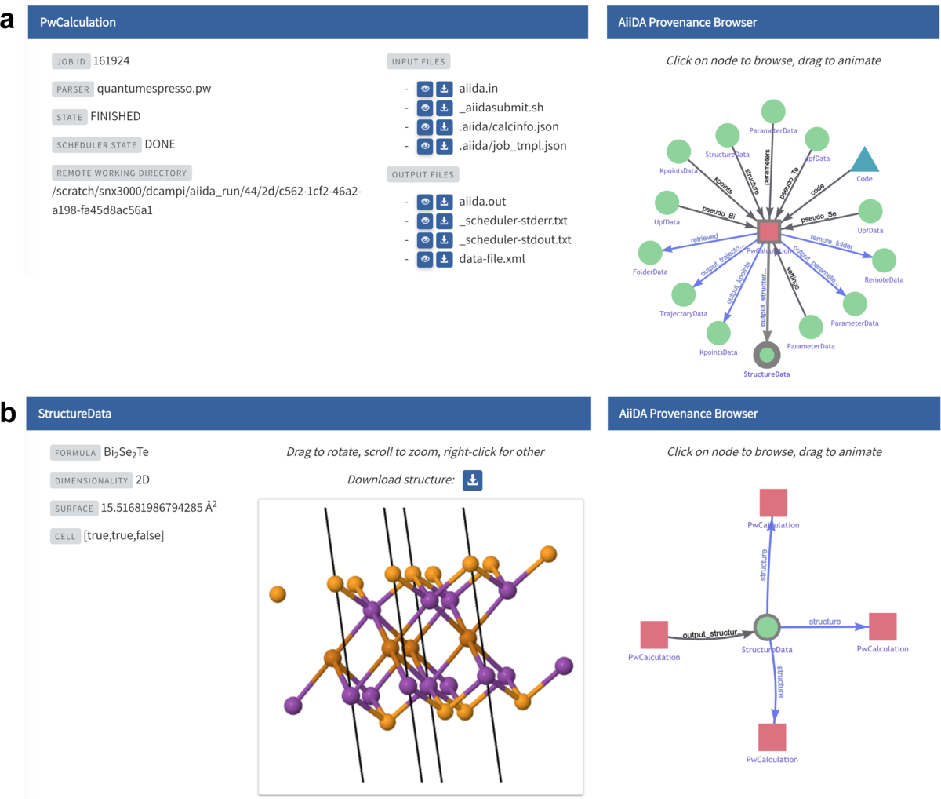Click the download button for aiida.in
pyautogui.click(x=444, y=89)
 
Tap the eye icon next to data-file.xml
pyautogui.click(x=425, y=259)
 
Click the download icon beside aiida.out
pyautogui.click(x=444, y=202)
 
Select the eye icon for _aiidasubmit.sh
pyautogui.click(x=425, y=108)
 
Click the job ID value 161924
pyautogui.click(x=111, y=60)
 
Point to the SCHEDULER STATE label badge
pyautogui.click(x=96, y=145)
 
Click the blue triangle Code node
pyautogui.click(x=864, y=160)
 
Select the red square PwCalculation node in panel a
pyautogui.click(x=768, y=232)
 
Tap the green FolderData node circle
pyautogui.click(x=650, y=253)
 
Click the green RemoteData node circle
pyautogui.click(x=884, y=261)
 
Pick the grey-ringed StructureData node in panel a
pyautogui.click(x=767, y=355)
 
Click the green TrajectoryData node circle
pyautogui.click(x=684, y=294)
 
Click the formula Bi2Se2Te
pyautogui.click(x=126, y=453)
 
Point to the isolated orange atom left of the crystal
pyautogui.click(x=278, y=593)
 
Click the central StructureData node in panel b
pyautogui.click(x=767, y=627)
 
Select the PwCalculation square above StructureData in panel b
pyautogui.click(x=773, y=502)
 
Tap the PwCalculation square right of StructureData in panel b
pyautogui.click(x=883, y=627)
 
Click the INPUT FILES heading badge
pyautogui.click(x=418, y=62)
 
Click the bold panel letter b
pyautogui.click(x=9, y=413)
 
